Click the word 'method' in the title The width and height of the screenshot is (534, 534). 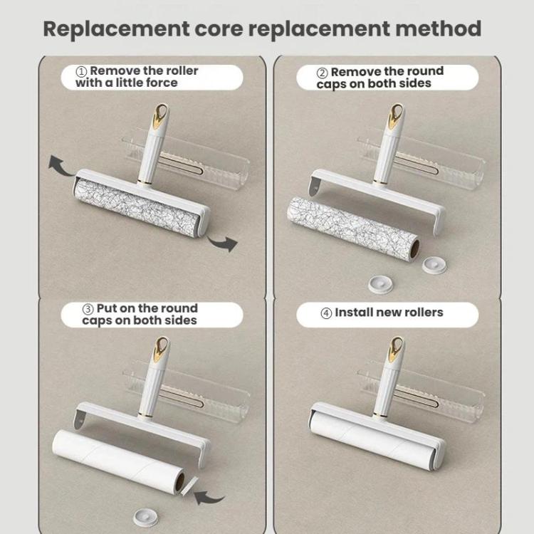click(438, 28)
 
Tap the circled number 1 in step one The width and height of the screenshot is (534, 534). click(82, 71)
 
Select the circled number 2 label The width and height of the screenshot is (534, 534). click(322, 73)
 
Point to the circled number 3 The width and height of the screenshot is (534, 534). click(88, 309)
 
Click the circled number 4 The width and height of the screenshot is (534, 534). click(326, 313)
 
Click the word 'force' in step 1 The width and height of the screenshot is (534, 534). click(162, 83)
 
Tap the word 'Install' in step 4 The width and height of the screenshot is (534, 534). click(353, 313)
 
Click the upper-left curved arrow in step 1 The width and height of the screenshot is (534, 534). click(60, 165)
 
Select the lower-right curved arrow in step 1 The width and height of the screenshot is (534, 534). click(223, 243)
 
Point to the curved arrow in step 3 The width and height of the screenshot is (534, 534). click(209, 498)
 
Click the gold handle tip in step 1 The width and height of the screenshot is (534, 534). click(160, 115)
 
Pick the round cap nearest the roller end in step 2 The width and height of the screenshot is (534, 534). click(434, 265)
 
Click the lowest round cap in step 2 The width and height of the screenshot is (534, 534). click(380, 285)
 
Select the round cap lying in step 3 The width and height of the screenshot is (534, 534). click(145, 518)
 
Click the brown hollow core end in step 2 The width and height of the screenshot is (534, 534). click(414, 249)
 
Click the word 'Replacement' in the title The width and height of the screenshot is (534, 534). click(117, 29)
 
